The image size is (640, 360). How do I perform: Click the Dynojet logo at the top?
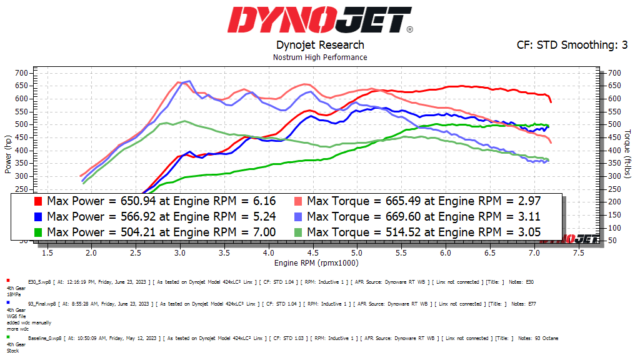coord(319,20)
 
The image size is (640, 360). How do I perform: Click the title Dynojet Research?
coord(320,45)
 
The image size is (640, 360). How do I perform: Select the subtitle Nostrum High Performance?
coord(320,57)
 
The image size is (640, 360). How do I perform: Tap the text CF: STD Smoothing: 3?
coord(572,45)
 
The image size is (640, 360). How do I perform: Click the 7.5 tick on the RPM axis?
coord(578,253)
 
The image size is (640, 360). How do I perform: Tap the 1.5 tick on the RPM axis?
coord(47,253)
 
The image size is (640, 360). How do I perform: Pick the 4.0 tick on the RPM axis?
coord(268,253)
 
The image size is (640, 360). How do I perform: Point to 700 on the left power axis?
coord(22,73)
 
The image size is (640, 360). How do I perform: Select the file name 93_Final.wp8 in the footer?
coord(40,304)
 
